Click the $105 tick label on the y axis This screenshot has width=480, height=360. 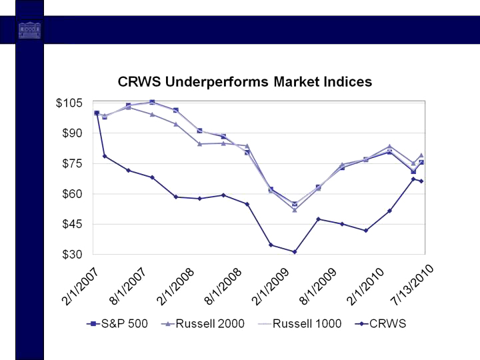[70, 103]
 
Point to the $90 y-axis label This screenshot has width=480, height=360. [73, 133]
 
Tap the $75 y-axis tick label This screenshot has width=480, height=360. [73, 164]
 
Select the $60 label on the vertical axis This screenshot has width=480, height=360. [73, 194]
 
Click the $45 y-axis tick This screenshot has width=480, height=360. [73, 225]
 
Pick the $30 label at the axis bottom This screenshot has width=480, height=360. [73, 255]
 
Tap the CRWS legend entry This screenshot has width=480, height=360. [380, 324]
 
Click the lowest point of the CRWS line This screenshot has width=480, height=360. [294, 252]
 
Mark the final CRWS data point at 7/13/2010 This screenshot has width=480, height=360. [421, 181]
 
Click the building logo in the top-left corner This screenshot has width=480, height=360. [29, 30]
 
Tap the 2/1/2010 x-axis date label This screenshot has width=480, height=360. [367, 285]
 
